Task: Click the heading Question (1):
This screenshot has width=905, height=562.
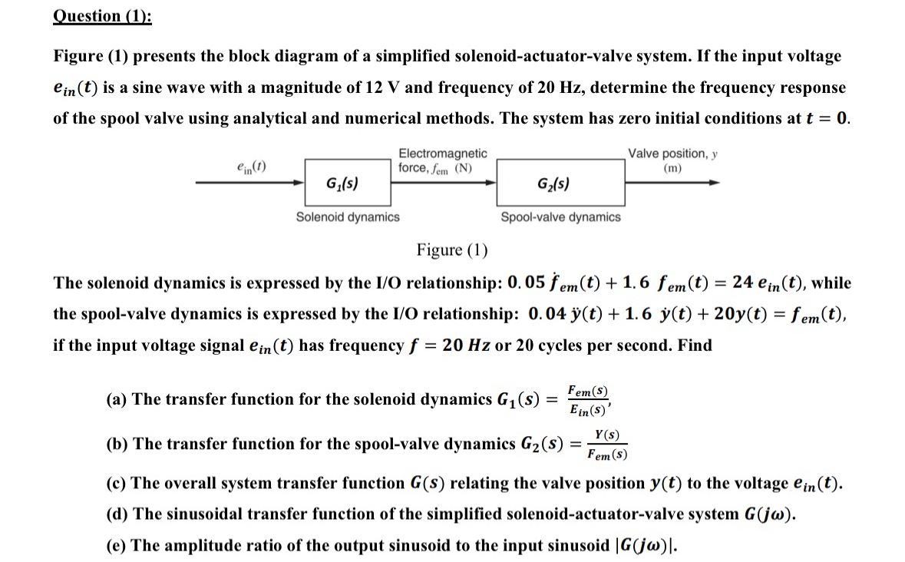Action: pos(102,17)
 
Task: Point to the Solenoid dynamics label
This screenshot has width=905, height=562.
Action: pos(348,217)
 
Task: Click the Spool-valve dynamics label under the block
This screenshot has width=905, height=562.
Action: pos(560,217)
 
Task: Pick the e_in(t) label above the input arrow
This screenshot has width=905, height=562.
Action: pos(252,165)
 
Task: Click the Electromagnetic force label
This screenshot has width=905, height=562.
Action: pos(442,160)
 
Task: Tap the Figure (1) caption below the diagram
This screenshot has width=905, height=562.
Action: pos(452,250)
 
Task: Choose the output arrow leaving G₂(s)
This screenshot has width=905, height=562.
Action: pos(672,183)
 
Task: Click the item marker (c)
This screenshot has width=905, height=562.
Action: pos(116,484)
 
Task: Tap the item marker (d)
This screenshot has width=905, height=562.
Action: pos(117,514)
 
